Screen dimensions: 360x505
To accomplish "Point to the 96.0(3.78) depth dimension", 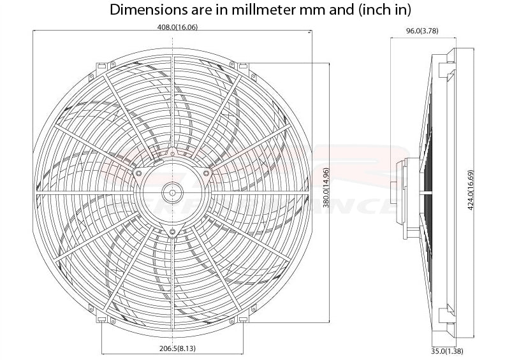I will (x=421, y=30).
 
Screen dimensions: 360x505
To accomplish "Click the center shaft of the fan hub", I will (x=172, y=189).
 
